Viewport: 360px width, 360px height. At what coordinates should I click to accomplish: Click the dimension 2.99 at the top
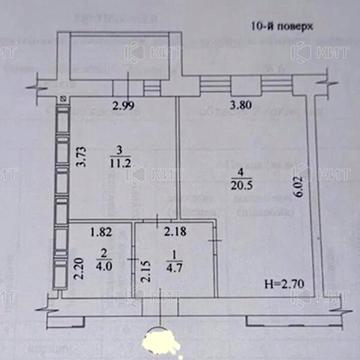[x=123, y=106]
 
